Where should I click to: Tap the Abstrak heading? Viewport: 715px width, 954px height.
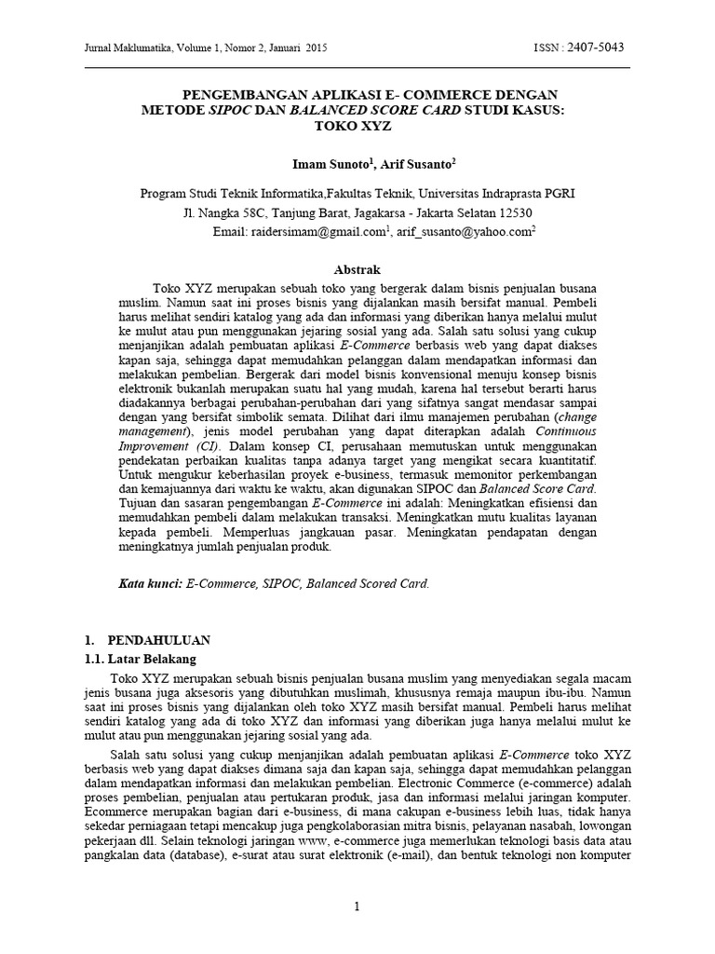coord(357,269)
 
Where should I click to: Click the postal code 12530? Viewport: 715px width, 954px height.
coord(510,212)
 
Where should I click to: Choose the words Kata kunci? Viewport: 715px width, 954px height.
coord(149,584)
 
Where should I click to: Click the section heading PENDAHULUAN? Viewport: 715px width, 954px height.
coord(159,640)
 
